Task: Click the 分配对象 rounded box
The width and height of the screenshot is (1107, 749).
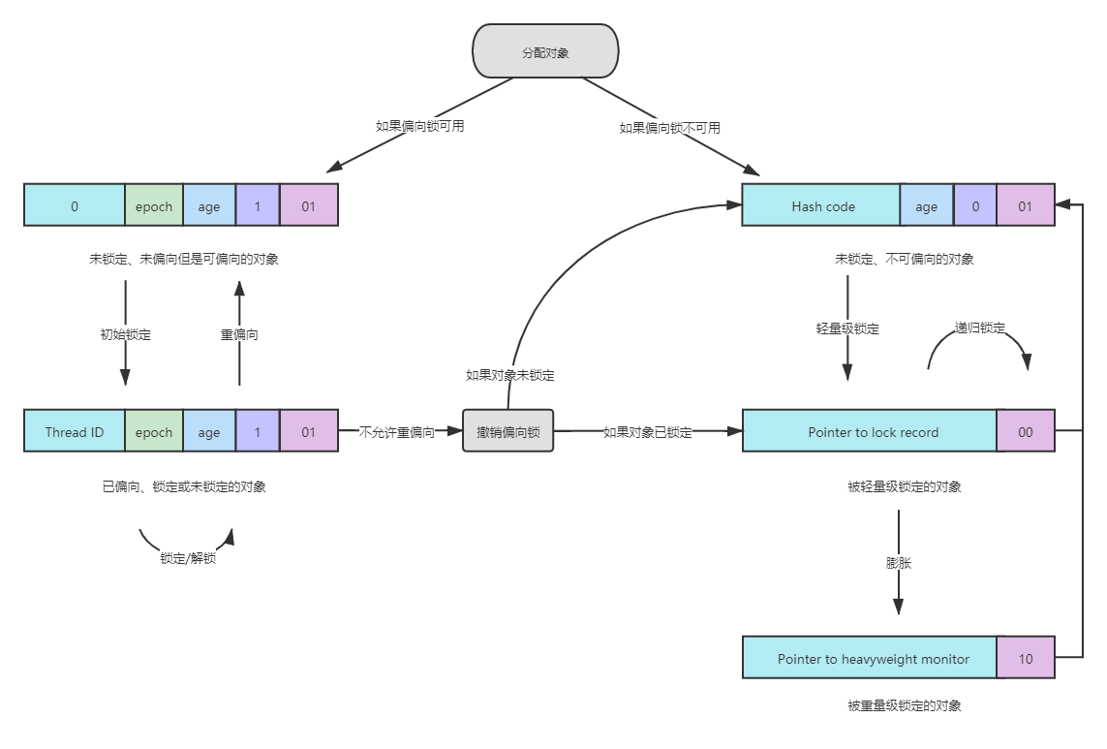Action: coord(545,51)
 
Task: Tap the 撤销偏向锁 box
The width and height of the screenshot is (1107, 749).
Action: coord(507,431)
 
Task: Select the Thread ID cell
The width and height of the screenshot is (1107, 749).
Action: coord(75,432)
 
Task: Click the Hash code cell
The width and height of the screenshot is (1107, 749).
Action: coord(821,205)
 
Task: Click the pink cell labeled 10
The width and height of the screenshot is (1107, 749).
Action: coord(1025,659)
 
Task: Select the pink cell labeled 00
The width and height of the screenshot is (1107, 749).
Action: coord(1025,432)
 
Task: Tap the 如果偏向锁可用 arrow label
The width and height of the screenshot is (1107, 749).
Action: coord(420,125)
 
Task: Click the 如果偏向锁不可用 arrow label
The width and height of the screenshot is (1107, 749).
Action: coord(669,127)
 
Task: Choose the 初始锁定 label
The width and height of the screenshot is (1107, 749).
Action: coord(126,334)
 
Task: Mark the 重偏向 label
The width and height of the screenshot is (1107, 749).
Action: coord(239,334)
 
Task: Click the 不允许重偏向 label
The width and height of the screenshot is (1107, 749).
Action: coord(397,432)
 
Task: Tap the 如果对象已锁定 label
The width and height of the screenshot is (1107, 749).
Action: coord(647,432)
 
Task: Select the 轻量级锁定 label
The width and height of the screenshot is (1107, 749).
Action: coord(847,328)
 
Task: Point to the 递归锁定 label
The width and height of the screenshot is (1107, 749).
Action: coord(980,328)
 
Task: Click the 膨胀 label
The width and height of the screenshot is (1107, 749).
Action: coord(899,562)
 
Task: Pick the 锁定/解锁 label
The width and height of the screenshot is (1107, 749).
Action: coord(188,558)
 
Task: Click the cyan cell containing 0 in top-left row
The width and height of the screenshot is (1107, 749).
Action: coord(75,205)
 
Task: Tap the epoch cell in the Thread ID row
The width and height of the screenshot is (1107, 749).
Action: coord(154,432)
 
